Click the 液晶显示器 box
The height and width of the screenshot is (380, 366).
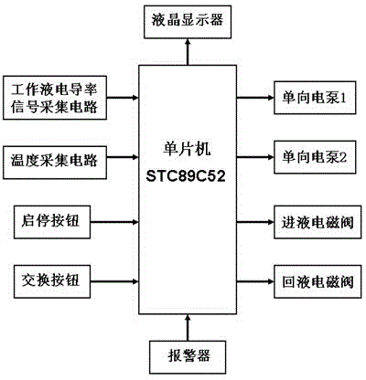pyautogui.click(x=188, y=22)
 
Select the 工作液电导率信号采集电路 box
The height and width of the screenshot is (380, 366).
pyautogui.click(x=55, y=98)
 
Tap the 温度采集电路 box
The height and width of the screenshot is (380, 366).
pyautogui.click(x=55, y=163)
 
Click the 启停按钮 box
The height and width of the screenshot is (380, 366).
pyautogui.click(x=52, y=222)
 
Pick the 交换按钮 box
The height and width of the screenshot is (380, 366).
pyautogui.click(x=52, y=281)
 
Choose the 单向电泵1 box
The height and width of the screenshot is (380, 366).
pyautogui.click(x=315, y=98)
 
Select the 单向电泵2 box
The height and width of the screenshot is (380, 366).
pyautogui.click(x=315, y=157)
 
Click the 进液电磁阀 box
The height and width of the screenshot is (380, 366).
pyautogui.click(x=318, y=222)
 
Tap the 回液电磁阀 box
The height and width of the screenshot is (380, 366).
pyautogui.click(x=318, y=281)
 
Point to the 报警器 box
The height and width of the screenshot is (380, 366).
pyautogui.click(x=188, y=357)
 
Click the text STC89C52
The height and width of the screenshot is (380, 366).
pyautogui.click(x=186, y=176)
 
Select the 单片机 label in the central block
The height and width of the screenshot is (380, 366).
pyautogui.click(x=187, y=150)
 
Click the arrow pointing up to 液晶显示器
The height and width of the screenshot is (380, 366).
pyautogui.click(x=188, y=52)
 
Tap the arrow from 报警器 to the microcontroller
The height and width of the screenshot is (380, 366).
pyautogui.click(x=188, y=328)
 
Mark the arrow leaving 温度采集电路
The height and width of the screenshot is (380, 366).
pyautogui.click(x=123, y=157)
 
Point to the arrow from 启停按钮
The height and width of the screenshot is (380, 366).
pyautogui.click(x=114, y=222)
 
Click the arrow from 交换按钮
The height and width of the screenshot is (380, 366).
pyautogui.click(x=114, y=281)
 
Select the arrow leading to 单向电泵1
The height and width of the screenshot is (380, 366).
pyautogui.click(x=255, y=98)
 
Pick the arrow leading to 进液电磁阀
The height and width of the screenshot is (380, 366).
pyautogui.click(x=255, y=222)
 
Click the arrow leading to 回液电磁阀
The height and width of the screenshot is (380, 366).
pyautogui.click(x=255, y=281)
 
